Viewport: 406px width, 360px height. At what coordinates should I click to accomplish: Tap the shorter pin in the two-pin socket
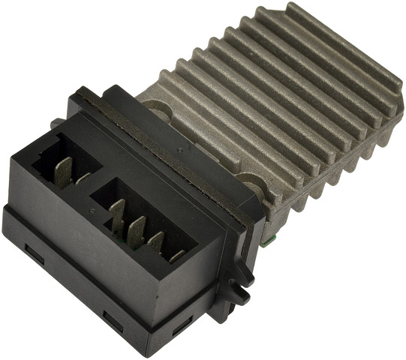coord(83,178)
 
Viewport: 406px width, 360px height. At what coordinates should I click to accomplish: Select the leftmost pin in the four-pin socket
coord(117,213)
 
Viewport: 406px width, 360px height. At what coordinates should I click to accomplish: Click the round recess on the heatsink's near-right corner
coord(248,180)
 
